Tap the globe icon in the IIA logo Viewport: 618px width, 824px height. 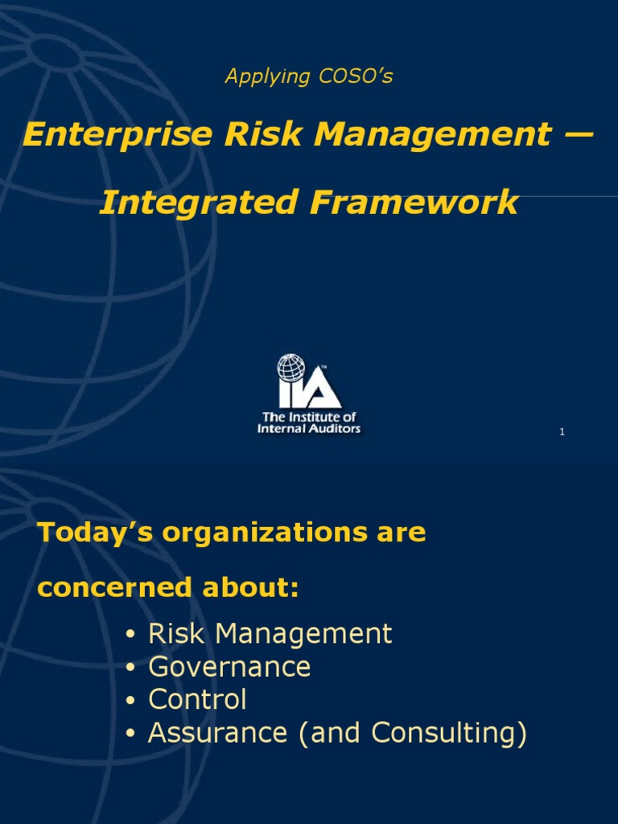291,369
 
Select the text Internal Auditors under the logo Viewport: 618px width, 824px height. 308,428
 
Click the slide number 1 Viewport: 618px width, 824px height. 562,433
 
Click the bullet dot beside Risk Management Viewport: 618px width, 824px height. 130,635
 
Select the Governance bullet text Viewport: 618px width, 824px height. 229,667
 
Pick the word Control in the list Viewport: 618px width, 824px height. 197,700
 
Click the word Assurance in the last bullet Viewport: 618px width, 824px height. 217,733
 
